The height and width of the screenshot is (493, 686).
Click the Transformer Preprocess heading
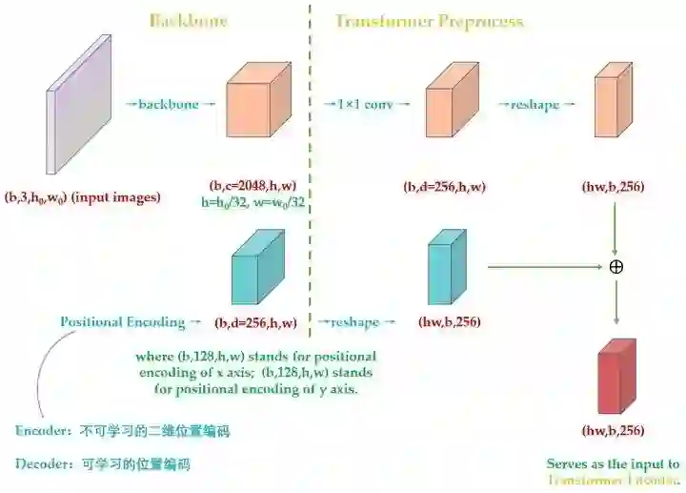(429, 21)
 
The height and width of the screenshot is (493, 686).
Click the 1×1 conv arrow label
(365, 103)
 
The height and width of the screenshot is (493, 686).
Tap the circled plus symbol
(615, 266)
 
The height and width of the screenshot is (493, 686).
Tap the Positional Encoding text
(123, 321)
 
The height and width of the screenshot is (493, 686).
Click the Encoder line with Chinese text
(122, 431)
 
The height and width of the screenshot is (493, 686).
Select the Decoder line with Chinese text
(103, 465)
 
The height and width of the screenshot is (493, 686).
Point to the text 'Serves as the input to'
(613, 464)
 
